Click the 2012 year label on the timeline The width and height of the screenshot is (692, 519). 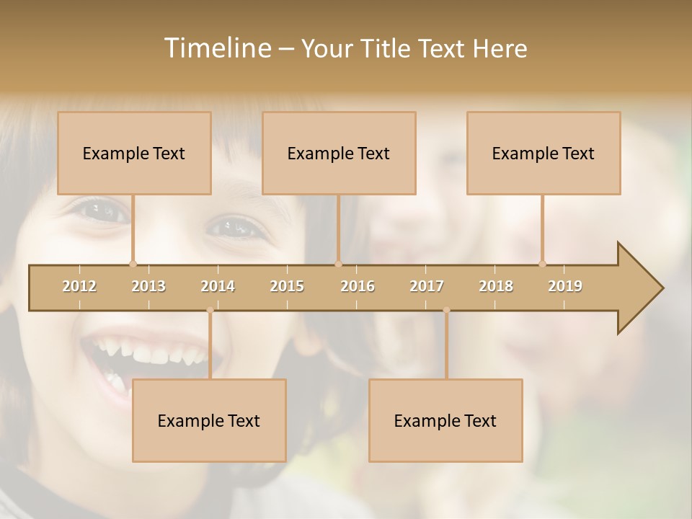[79, 286]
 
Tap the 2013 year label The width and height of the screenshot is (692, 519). [148, 286]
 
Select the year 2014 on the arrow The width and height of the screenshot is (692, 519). [218, 286]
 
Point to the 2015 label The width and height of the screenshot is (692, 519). [287, 286]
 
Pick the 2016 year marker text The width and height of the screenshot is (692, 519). [358, 286]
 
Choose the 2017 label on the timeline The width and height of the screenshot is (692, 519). [427, 286]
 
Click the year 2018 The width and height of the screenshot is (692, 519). [496, 286]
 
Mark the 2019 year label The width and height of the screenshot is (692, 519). [565, 286]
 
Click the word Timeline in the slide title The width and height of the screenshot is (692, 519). [216, 48]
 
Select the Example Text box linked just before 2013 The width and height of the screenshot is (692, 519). [134, 153]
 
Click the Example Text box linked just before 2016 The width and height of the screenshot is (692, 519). [339, 153]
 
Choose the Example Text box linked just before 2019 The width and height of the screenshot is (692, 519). [544, 153]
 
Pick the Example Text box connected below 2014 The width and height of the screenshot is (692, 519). [209, 420]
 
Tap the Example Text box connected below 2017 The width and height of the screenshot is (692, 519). [445, 420]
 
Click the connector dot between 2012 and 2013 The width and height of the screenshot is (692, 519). [133, 264]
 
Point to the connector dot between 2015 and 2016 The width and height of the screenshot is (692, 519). [338, 264]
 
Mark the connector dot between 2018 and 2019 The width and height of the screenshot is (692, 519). [542, 264]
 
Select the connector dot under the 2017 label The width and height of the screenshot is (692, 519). [446, 310]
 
